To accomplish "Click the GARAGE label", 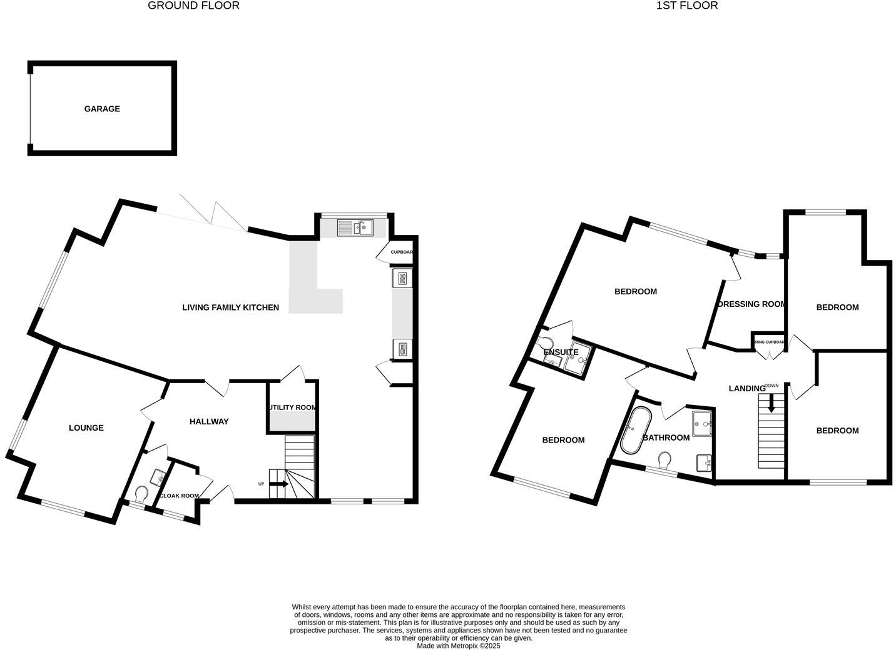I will [x=102, y=109].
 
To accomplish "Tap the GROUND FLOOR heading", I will [x=193, y=6].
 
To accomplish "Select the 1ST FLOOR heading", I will [x=686, y=6].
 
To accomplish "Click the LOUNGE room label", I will [x=86, y=428].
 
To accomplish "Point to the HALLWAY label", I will [x=209, y=422].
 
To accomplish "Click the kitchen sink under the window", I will [x=355, y=227].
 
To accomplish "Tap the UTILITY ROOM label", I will [x=293, y=407].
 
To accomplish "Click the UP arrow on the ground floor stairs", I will [x=279, y=484].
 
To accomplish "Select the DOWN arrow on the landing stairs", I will [x=771, y=403].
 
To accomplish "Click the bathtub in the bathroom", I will [x=635, y=431].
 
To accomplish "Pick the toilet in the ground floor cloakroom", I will [x=141, y=494].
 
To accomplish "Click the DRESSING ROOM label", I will [x=751, y=304].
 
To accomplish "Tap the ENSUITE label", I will [x=561, y=352].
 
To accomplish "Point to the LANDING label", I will [x=747, y=389].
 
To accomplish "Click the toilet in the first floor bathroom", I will [x=665, y=461].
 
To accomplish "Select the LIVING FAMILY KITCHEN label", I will [x=230, y=307].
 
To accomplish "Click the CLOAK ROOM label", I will [x=180, y=496].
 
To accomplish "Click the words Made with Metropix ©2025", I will [x=459, y=646].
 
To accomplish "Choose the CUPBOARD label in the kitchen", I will [x=402, y=252].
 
